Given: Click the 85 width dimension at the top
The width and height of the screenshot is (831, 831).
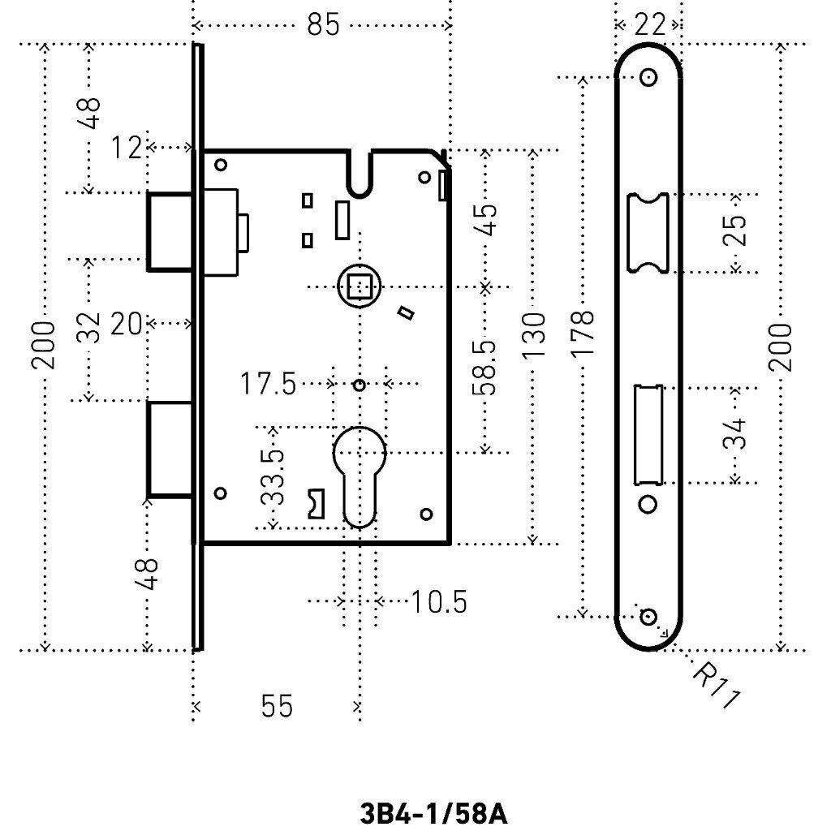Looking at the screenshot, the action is (x=323, y=25).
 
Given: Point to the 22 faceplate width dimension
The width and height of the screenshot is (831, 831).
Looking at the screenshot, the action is (x=649, y=25).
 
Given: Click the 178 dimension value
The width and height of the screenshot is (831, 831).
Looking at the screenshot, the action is (x=583, y=333).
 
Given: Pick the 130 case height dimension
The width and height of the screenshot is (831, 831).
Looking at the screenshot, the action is (x=534, y=335).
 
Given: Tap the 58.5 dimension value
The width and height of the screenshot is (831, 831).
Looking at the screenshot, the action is (x=484, y=368).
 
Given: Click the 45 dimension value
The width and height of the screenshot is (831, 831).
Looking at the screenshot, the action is (x=486, y=219).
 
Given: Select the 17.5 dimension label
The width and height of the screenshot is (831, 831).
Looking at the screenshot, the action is (x=268, y=384).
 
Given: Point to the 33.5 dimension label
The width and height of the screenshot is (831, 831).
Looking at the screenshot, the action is (x=273, y=477).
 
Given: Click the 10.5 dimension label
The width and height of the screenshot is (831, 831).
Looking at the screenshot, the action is (x=439, y=602).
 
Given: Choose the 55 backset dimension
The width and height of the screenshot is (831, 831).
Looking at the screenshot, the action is (x=277, y=706).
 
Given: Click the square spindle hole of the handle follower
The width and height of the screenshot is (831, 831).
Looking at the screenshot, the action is (x=360, y=286).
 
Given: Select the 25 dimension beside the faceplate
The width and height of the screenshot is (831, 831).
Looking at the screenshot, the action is (x=734, y=230).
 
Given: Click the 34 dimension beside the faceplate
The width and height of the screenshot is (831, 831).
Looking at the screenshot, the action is (x=734, y=434).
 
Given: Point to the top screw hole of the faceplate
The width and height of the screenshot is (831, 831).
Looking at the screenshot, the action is (x=648, y=77).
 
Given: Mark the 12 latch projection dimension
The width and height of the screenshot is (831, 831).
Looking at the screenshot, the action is (x=126, y=148).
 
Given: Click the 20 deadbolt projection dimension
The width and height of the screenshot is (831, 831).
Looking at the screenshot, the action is (x=126, y=324).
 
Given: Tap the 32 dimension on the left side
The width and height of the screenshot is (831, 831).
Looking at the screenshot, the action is (x=88, y=328).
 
